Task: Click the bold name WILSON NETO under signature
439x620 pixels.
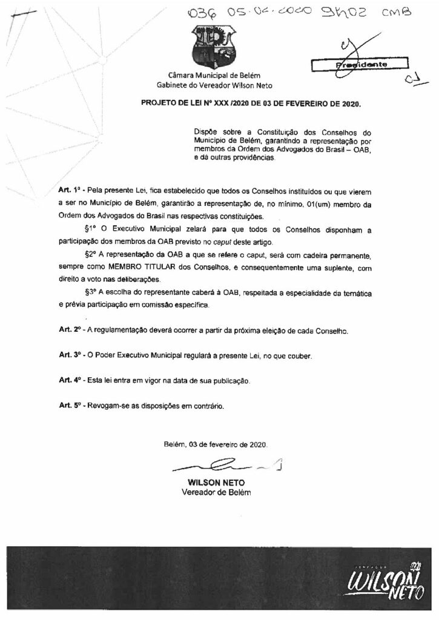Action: tap(216, 483)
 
